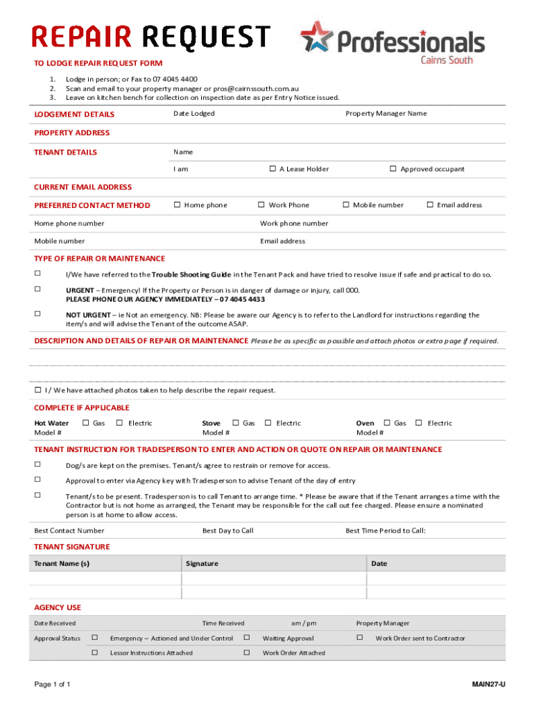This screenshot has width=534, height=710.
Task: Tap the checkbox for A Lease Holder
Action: coord(273,168)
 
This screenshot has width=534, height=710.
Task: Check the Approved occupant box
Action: coord(393,168)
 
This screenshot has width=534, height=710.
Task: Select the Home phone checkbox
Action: coord(177,205)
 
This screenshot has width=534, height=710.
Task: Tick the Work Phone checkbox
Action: coord(261,205)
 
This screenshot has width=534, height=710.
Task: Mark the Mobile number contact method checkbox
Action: coord(346,205)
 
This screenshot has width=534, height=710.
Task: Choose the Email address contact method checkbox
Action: coord(430,205)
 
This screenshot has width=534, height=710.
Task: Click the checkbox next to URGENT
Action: coord(37,289)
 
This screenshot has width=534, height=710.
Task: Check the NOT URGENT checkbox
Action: coord(37,313)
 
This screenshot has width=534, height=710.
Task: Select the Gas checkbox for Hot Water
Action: coord(85,422)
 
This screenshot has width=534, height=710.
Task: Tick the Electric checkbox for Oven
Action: coord(419,422)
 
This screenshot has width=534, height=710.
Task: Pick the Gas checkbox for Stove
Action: coord(235,422)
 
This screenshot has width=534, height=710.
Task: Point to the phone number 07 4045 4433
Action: coord(242,300)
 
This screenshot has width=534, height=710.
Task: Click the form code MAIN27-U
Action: coord(488,685)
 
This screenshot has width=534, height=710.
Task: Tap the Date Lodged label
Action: coord(193,114)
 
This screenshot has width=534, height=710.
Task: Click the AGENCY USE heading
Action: coord(58,607)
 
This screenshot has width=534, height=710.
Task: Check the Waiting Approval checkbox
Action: coord(246,637)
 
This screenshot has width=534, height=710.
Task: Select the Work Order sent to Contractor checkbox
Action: coord(359,637)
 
